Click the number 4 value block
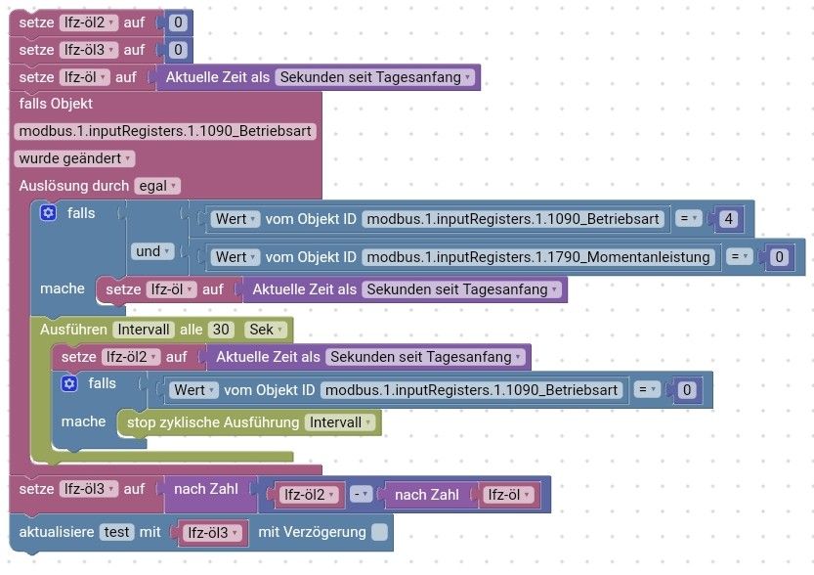coord(728,219)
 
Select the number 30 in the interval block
coord(221,330)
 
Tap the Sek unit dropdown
coord(266,330)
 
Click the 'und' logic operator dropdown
coord(152,251)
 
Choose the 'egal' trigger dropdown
coord(156,186)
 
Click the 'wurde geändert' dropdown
coord(74,158)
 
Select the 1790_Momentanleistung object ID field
coord(538,257)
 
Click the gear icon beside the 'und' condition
coord(48,213)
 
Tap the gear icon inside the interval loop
coord(69,383)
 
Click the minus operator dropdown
coord(362,495)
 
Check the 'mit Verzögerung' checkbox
coord(380,532)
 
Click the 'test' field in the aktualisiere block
coord(116,532)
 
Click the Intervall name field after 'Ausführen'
coord(144,330)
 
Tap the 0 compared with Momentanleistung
coord(779,257)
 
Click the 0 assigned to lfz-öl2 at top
coord(178,22)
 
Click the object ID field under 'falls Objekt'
coord(165,131)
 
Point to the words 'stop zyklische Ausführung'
coord(213,422)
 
